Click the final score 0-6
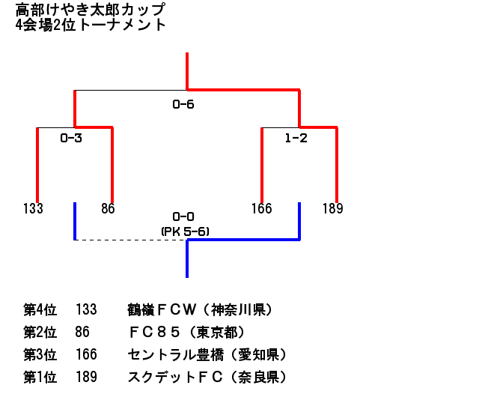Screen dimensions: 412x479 (183, 104)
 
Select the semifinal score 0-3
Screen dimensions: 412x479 (71, 138)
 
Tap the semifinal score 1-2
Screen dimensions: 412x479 (296, 138)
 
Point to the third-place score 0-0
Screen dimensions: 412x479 (183, 216)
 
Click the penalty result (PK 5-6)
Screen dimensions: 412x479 (184, 231)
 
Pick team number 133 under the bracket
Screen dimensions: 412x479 (33, 208)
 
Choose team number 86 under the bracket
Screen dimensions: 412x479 (108, 208)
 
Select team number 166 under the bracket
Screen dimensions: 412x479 (261, 208)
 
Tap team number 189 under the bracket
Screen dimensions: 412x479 (332, 208)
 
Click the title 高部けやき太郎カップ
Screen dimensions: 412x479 (91, 10)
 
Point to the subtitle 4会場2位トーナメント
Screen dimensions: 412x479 (91, 25)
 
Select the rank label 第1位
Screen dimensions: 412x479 (40, 378)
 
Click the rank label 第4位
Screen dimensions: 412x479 (40, 309)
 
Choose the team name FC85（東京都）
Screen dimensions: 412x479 (187, 332)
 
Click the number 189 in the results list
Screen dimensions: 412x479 (86, 378)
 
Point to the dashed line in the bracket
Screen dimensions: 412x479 (131, 240)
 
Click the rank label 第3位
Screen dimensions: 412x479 (40, 354)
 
